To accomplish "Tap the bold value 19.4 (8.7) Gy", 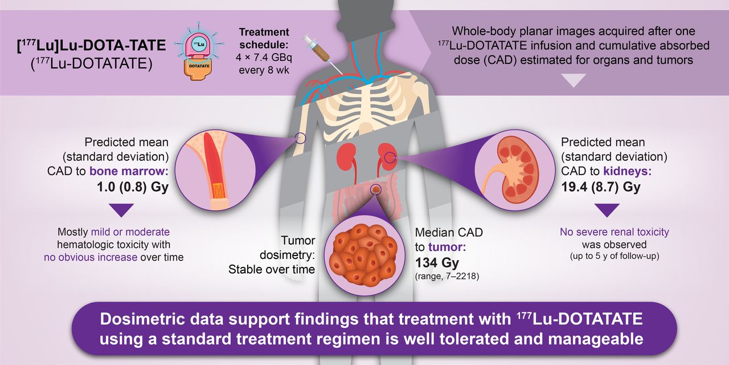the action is click(601, 187).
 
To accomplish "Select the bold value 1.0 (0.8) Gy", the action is click(133, 187).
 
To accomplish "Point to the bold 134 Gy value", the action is click(437, 262).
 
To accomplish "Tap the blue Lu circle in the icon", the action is click(198, 44).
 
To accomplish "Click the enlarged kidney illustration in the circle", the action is click(514, 169).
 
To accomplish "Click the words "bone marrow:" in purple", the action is click(129, 171).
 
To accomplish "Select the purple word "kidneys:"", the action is click(628, 171).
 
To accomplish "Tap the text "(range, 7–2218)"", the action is click(447, 277).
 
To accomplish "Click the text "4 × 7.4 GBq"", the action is click(264, 58).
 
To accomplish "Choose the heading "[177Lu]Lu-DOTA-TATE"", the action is click(92, 46).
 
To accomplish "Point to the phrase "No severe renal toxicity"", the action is click(615, 232).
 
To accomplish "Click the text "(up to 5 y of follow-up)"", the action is click(615, 256).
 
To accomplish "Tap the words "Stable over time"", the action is click(272, 270).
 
